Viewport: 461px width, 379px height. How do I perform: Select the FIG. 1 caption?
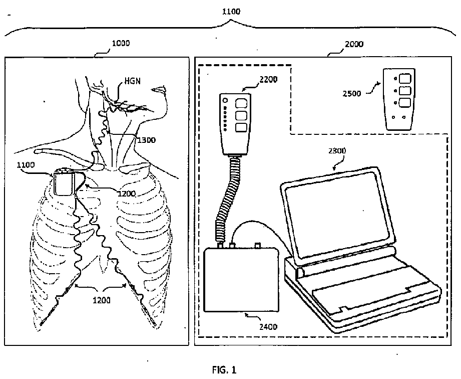pyautogui.click(x=223, y=370)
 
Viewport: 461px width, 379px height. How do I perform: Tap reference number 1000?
pyautogui.click(x=121, y=43)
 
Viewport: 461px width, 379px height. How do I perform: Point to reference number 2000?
pyautogui.click(x=354, y=44)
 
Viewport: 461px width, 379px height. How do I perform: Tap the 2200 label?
pyautogui.click(x=268, y=79)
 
